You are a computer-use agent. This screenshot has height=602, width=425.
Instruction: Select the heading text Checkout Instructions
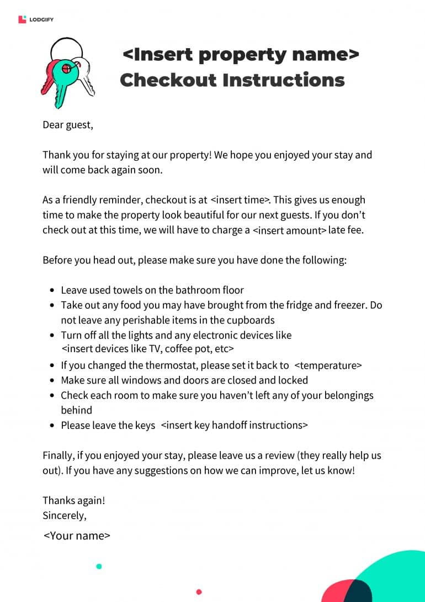point(232,80)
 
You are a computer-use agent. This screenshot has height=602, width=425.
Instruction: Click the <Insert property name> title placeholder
point(240,55)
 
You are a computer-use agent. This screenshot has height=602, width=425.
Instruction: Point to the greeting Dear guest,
point(68,125)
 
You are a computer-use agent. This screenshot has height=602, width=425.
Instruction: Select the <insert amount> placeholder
point(290,231)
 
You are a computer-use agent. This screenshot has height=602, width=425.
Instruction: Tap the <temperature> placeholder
point(328,365)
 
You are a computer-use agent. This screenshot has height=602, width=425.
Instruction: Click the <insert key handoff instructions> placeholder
point(234,425)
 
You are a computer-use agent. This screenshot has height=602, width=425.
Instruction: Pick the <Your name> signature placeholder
point(77,536)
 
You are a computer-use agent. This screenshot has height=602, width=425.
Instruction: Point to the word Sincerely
point(65,515)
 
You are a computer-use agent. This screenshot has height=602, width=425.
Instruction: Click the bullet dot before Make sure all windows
point(51,380)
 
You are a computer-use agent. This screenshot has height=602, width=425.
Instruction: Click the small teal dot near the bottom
point(99,566)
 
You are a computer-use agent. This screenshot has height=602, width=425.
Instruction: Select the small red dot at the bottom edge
point(199,592)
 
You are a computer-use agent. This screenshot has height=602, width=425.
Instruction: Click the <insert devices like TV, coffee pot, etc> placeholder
point(147,349)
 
